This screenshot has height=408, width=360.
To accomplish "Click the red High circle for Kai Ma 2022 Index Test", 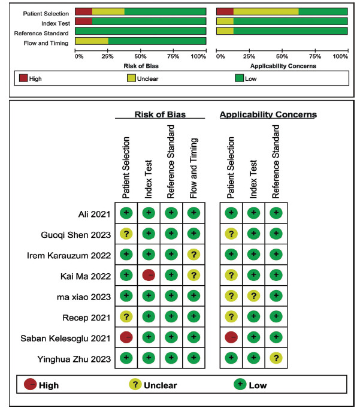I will (x=149, y=275).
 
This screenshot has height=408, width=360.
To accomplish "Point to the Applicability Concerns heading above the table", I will (x=268, y=114).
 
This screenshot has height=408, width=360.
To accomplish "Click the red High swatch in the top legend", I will (x=24, y=77).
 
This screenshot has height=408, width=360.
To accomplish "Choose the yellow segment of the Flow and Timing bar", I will (x=92, y=41).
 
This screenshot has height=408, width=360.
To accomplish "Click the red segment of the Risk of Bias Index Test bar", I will (x=83, y=21).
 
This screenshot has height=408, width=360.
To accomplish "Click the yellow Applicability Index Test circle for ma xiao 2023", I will (x=254, y=296).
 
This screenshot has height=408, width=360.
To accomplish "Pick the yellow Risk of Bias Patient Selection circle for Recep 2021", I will (x=126, y=316).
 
